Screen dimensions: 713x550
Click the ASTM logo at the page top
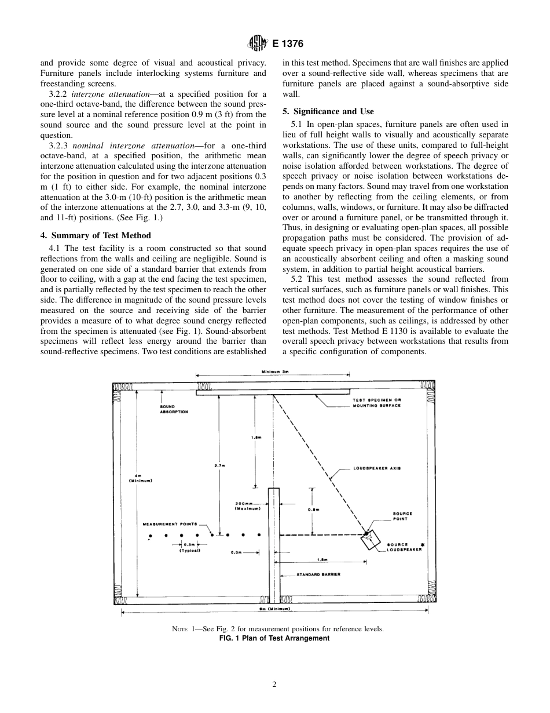(x=256, y=43)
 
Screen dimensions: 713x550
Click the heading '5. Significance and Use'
(x=328, y=111)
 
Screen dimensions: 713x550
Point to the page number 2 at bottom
(x=274, y=684)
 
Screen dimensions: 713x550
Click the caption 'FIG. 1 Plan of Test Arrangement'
(x=274, y=638)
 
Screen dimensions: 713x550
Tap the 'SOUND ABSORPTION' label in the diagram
(x=174, y=409)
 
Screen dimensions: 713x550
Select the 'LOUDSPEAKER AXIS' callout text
(x=377, y=468)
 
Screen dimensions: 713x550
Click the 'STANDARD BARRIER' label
(x=318, y=574)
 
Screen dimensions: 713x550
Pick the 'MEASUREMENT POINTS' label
(x=170, y=523)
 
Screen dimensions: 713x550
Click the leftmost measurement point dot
(x=151, y=534)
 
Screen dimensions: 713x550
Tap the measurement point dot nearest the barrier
(x=259, y=534)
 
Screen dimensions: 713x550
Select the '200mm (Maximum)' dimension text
(x=247, y=506)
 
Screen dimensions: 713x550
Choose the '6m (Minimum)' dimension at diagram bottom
(x=278, y=609)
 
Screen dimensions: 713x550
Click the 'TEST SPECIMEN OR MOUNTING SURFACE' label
(x=376, y=403)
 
